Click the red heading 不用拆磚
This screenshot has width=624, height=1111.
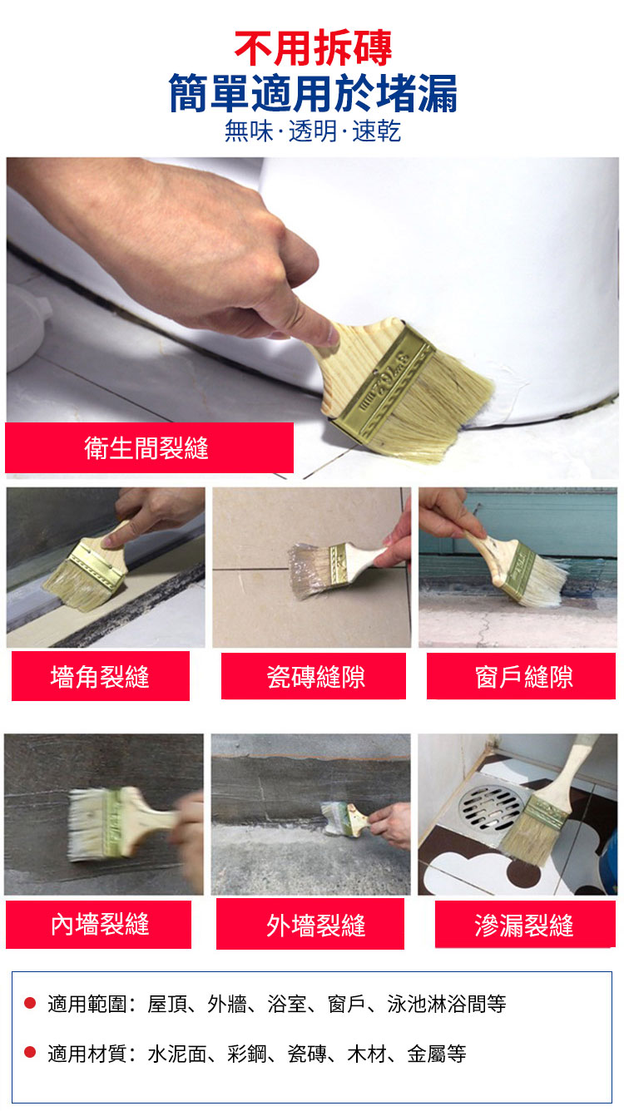tap(313, 48)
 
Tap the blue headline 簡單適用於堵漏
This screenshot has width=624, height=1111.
tap(313, 93)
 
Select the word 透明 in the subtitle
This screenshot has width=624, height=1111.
tap(313, 131)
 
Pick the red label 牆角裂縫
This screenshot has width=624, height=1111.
tap(101, 676)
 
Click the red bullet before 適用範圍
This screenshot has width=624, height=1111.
tap(30, 1004)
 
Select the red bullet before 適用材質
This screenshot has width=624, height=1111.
tap(30, 1052)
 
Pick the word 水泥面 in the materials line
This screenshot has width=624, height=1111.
tap(177, 1054)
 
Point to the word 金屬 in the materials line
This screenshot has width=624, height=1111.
tap(427, 1054)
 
